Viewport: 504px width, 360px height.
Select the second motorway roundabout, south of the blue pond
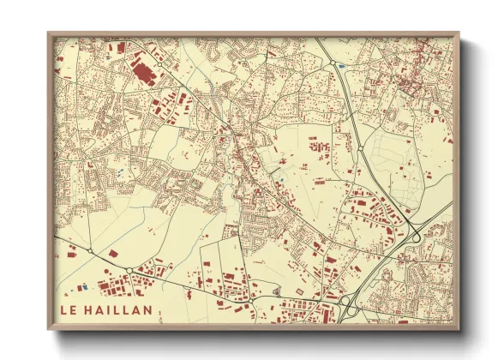pyautogui.click(x=361, y=149)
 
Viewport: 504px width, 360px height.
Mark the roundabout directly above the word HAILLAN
pyautogui.click(x=129, y=271)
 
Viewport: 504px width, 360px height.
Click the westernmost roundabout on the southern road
pyautogui.click(x=90, y=251)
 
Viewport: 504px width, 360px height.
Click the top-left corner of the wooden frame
pyautogui.click(x=49, y=34)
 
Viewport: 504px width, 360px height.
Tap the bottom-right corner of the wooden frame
pyautogui.click(x=459, y=329)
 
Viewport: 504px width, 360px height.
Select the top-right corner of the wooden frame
pyautogui.click(x=459, y=34)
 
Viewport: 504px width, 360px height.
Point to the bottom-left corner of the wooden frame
pyautogui.click(x=49, y=329)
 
